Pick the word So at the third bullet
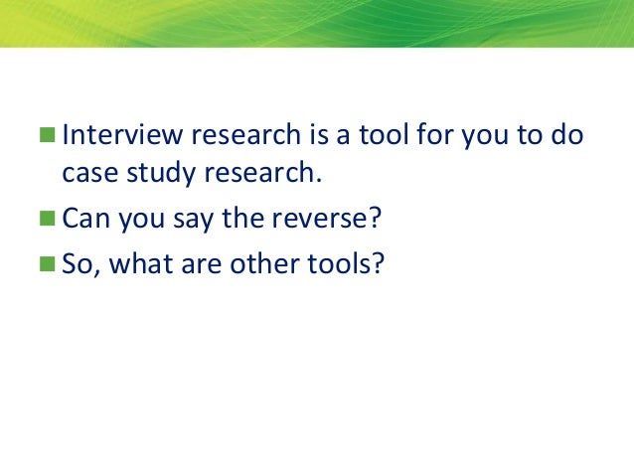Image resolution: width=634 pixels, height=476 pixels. [x=77, y=266]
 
